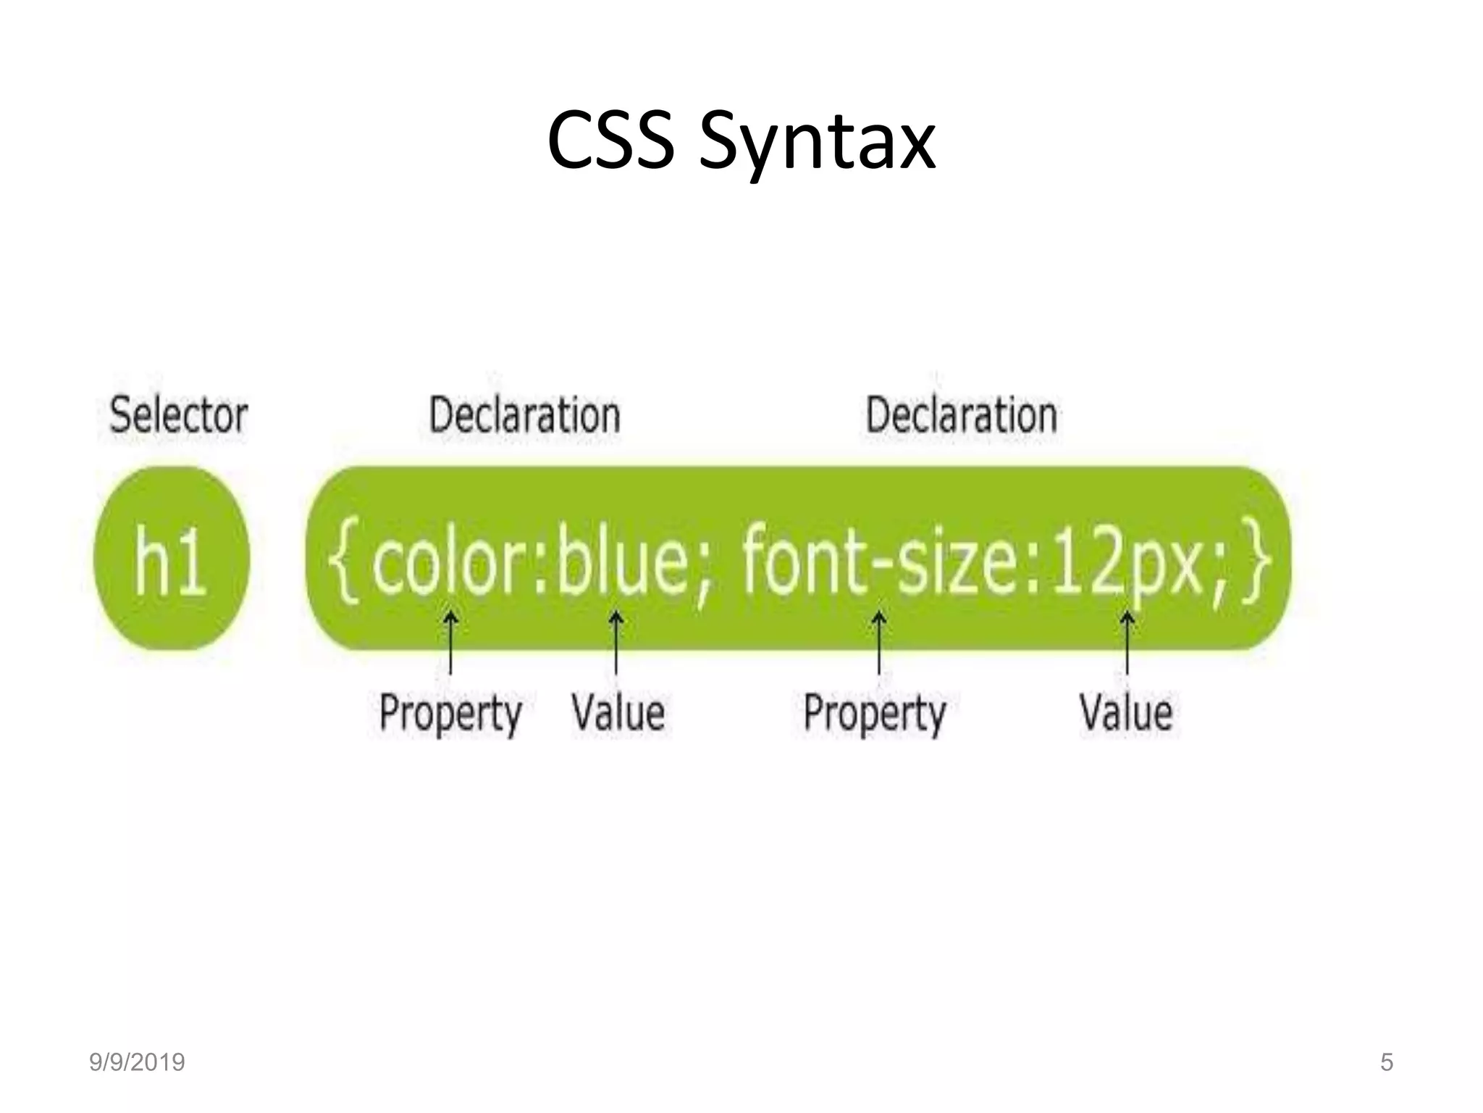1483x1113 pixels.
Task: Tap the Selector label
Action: click(178, 415)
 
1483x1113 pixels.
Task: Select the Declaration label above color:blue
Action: click(525, 415)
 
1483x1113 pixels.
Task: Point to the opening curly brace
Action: click(343, 559)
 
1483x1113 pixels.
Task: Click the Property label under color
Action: click(450, 713)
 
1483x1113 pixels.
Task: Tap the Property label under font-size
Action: click(875, 713)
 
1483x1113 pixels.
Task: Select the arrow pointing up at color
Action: click(450, 642)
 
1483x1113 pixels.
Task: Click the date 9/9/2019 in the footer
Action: click(137, 1062)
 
